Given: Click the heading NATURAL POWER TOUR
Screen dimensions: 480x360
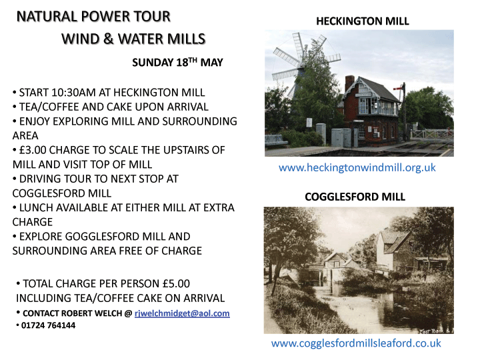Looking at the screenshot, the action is (93, 17).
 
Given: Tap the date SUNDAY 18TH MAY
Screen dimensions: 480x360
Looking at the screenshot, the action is (177, 63).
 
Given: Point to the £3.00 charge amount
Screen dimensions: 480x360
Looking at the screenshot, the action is (33, 150).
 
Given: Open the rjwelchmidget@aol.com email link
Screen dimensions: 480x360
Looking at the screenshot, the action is (182, 313).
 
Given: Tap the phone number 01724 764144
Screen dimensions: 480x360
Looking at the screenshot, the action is (49, 325).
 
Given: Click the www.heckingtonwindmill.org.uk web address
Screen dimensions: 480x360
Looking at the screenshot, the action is (357, 168).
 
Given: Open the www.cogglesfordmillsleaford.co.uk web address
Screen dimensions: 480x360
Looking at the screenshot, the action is (356, 343).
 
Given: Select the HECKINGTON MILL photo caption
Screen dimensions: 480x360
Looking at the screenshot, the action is (363, 21).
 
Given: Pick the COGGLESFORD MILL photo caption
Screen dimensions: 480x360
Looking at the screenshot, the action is (355, 197).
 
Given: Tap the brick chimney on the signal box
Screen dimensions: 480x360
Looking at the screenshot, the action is (349, 83).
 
